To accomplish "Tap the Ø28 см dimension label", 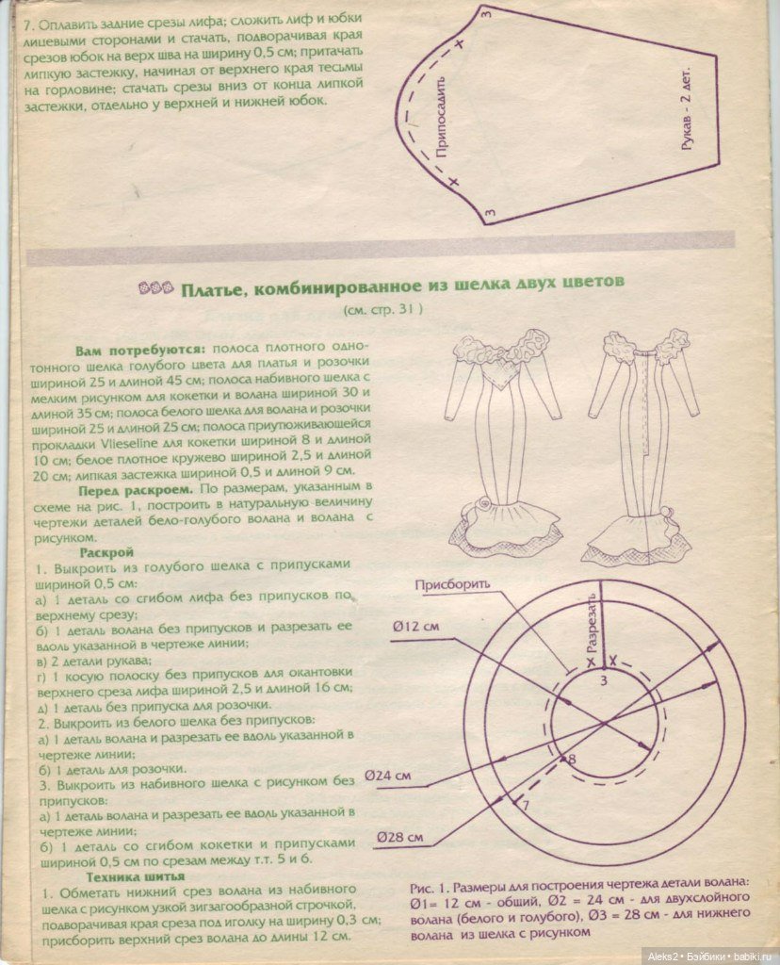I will [399, 836].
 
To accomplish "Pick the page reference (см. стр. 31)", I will [382, 309].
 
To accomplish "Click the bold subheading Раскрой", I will [106, 551].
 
